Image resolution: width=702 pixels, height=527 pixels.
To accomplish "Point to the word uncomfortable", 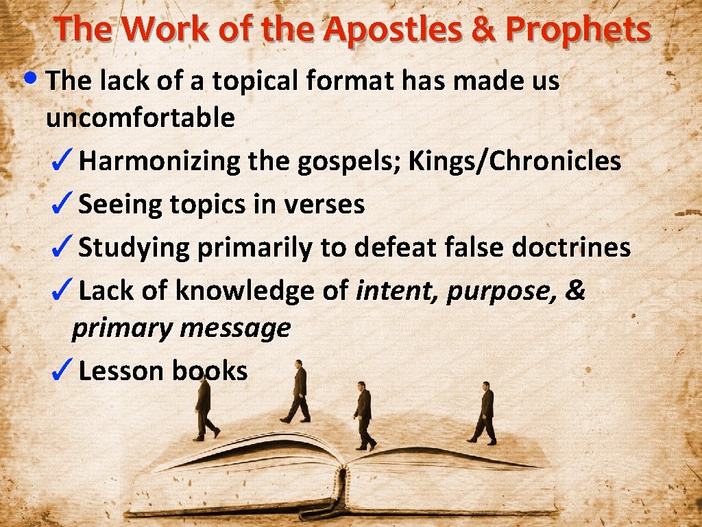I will [x=140, y=118].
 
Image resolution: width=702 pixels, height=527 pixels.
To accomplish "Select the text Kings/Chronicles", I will [x=515, y=161].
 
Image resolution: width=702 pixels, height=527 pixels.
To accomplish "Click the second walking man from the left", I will [x=298, y=391].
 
